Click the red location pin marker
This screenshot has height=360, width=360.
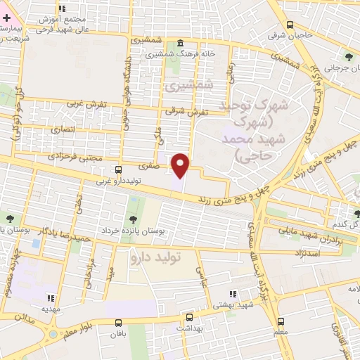(181, 165)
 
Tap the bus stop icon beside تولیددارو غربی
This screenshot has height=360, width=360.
(117, 169)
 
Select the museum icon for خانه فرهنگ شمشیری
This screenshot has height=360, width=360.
(181, 42)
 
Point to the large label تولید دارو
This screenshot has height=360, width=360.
(155, 257)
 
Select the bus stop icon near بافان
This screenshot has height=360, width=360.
(117, 323)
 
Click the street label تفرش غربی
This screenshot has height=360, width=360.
(87, 103)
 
